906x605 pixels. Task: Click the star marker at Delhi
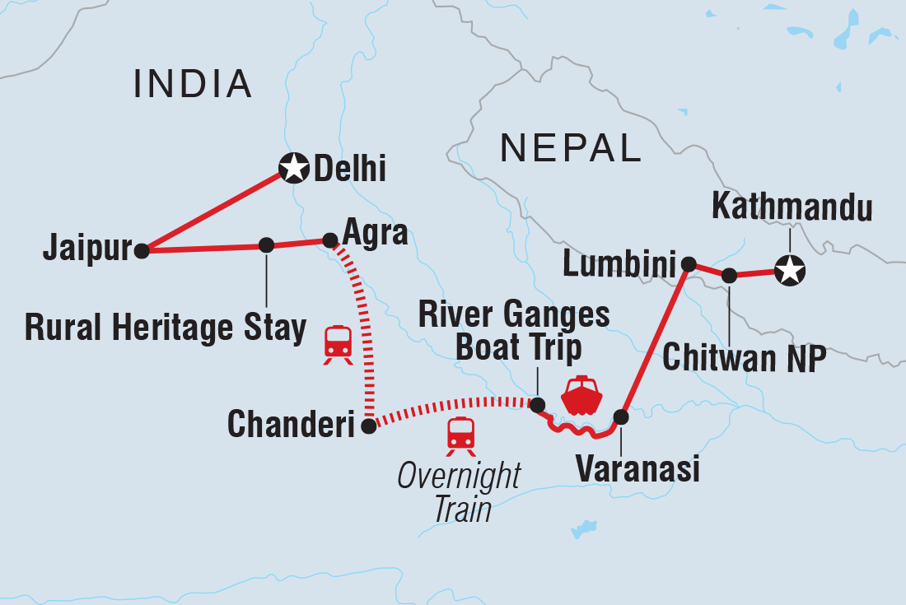coord(293,169)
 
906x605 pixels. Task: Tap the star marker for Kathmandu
coord(789,270)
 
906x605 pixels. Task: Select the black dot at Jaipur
coord(142,251)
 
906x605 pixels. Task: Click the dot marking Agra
coord(329,240)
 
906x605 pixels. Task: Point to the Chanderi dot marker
coord(369,426)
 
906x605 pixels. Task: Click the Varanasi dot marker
coord(622,417)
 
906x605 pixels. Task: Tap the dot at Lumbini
coord(689,263)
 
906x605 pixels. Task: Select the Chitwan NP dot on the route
coord(729,276)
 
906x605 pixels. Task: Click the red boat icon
coord(581,396)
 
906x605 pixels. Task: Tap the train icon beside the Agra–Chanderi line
coord(338,343)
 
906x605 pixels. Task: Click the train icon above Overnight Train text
coord(460,435)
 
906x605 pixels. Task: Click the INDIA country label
coord(192,83)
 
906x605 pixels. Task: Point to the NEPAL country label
coord(570,147)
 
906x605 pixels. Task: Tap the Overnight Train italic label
coord(459,492)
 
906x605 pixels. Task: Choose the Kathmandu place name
coord(792,207)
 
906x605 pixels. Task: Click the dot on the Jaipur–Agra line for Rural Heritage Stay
coord(266,244)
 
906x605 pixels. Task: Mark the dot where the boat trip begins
coord(537,405)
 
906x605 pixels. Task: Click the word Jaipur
coord(88,249)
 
